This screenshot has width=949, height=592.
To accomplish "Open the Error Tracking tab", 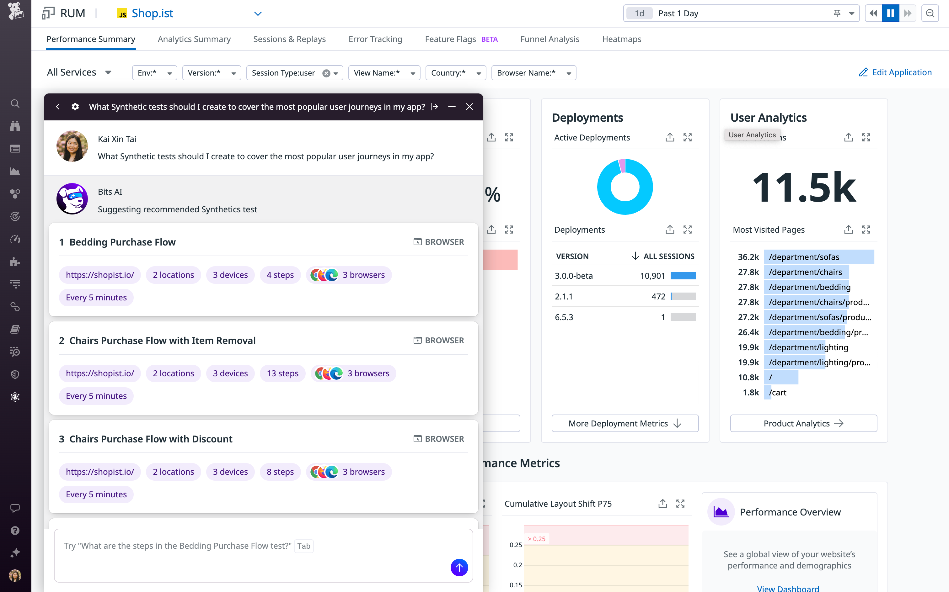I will point(375,39).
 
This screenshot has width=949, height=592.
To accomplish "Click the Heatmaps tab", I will point(621,39).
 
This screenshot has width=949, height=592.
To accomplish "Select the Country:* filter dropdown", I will point(455,73).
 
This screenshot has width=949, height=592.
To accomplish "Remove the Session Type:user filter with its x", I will point(326,73).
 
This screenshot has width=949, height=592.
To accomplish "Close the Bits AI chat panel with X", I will point(469,107).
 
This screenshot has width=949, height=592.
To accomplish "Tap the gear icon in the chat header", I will point(75,107).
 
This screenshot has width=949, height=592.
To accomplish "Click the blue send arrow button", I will point(459,567).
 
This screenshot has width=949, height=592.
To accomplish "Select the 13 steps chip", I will point(282,373).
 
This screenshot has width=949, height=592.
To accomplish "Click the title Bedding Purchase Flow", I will point(122,242).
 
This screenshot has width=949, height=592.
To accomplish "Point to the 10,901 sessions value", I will point(652,276).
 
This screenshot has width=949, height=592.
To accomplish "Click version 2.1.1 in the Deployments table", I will point(563,296).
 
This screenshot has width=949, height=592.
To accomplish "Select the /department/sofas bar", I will point(818,257).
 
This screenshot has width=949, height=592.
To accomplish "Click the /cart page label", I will point(777,392).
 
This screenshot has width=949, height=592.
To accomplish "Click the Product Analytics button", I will point(803,423).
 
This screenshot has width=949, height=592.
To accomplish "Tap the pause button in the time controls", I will point(890,13).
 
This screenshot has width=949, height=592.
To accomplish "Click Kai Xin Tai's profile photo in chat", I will point(72,146).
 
